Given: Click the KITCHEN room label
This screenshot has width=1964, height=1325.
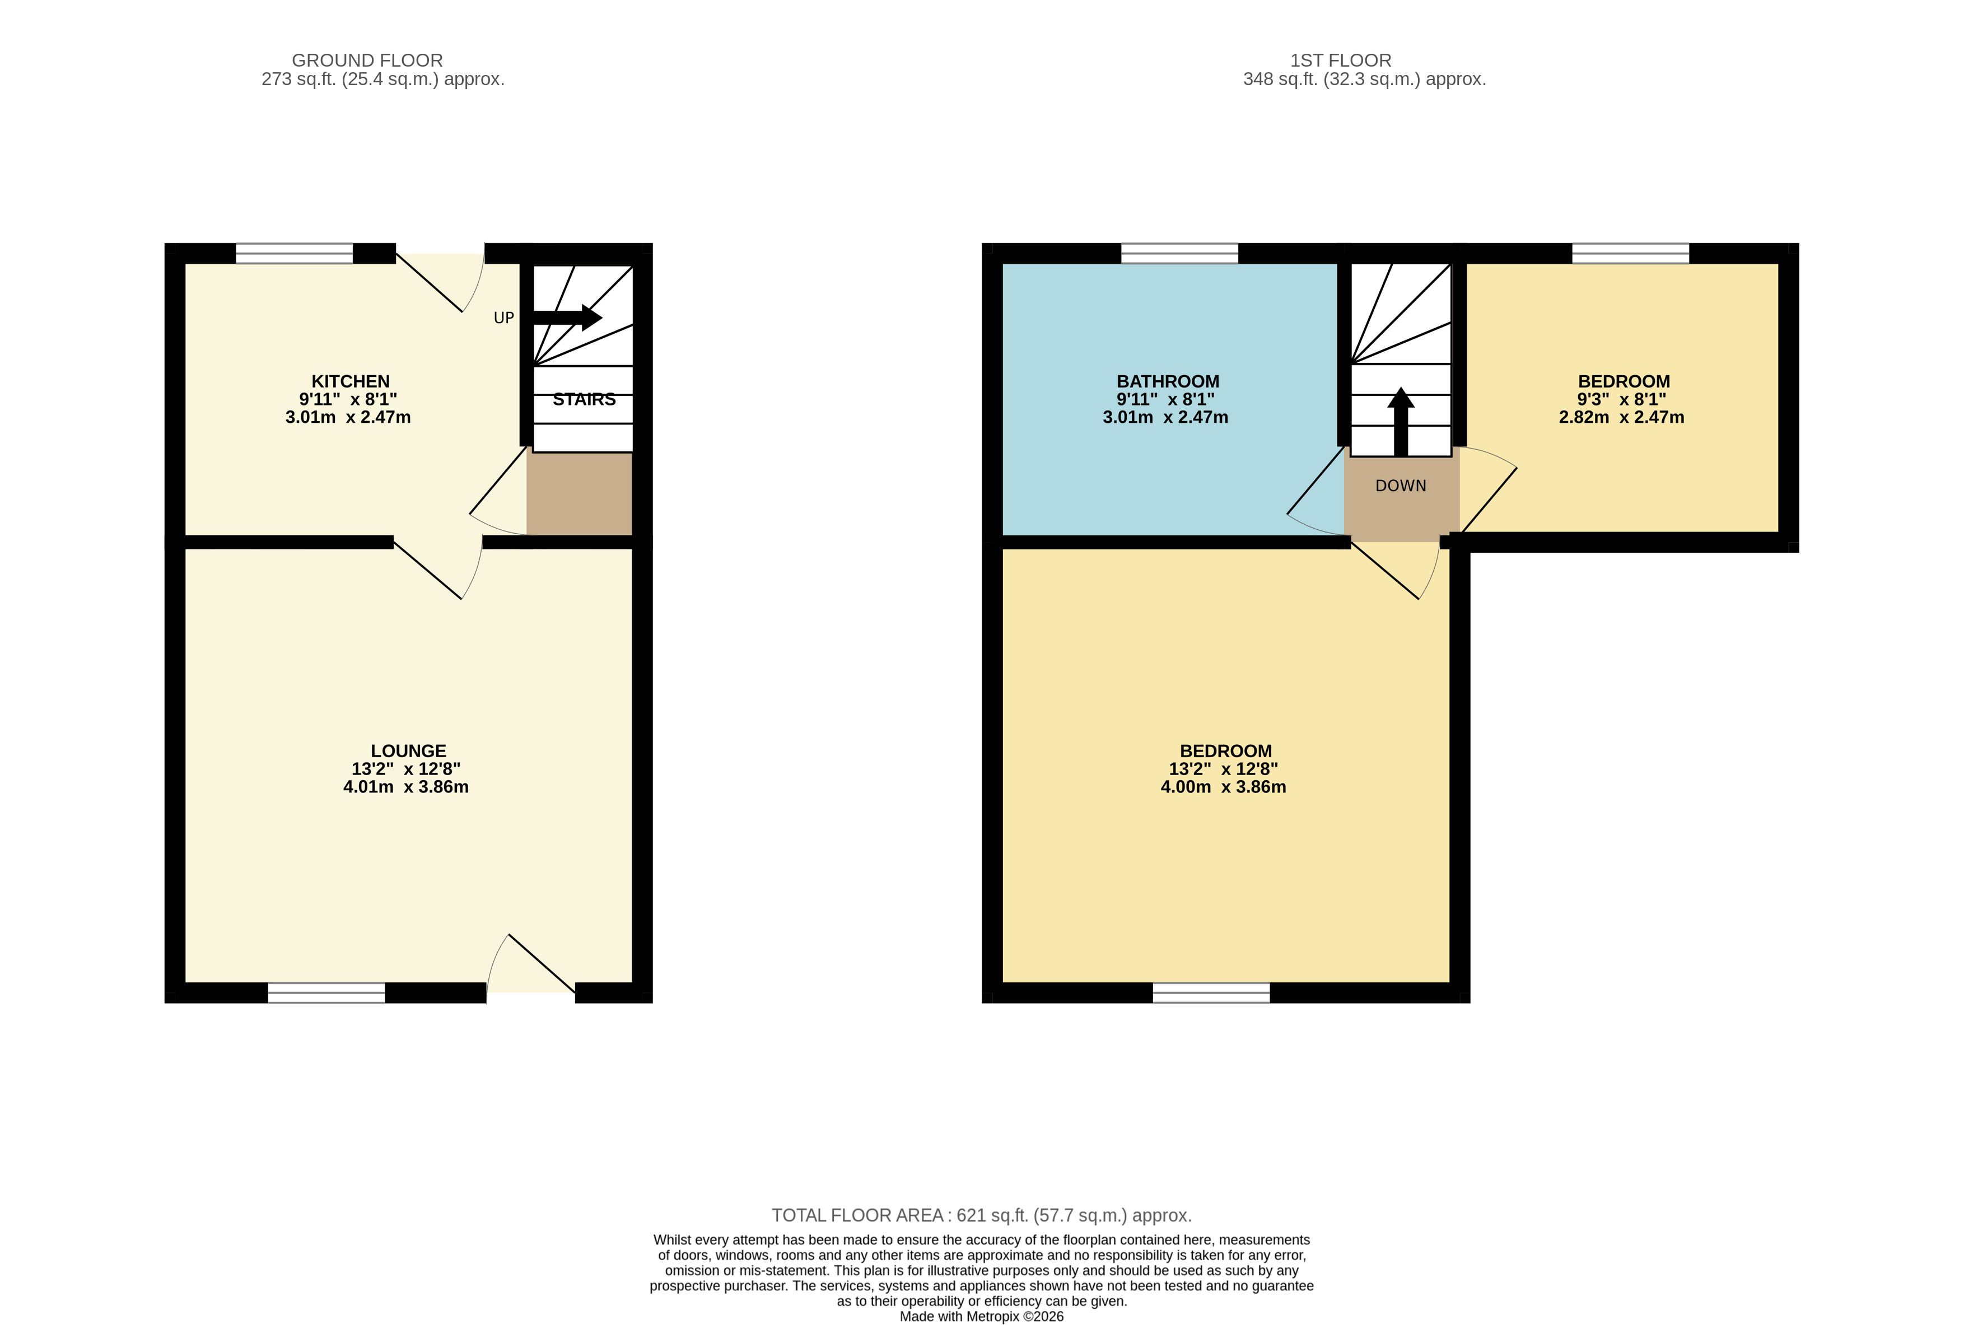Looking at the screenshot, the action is tap(351, 381).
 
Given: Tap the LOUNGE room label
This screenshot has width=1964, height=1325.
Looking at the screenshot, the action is tap(408, 750).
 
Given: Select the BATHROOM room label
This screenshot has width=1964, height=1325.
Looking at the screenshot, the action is tap(1168, 381).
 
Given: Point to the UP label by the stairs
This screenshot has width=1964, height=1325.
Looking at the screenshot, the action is tap(503, 318).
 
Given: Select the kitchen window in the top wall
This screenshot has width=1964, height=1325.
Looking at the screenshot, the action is tap(294, 254).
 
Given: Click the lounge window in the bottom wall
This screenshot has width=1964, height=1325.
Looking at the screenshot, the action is tap(326, 993).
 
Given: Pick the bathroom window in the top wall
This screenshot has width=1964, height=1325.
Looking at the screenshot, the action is tap(1180, 254).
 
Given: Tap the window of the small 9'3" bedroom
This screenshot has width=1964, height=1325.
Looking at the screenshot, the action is tap(1631, 254).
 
